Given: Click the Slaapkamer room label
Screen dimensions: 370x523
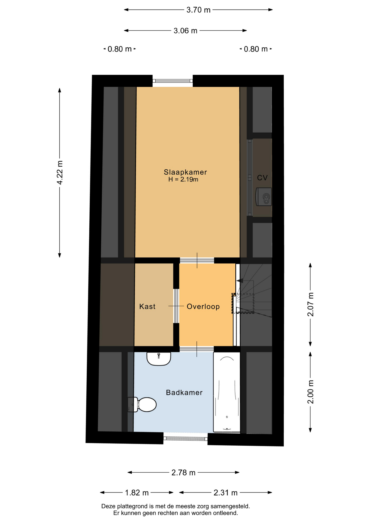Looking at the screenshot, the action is tap(185, 172).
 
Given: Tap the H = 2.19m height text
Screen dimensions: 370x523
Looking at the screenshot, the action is tap(183, 179).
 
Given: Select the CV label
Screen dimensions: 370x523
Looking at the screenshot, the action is tap(262, 178).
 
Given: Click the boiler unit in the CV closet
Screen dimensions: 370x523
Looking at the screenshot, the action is tap(263, 197).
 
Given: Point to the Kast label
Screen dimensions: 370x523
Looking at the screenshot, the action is tap(147, 306).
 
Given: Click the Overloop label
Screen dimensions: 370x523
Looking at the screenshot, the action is tap(203, 306).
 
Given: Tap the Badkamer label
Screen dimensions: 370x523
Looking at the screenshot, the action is tap(184, 393).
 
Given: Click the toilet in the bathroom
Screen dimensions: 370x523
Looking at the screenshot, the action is tap(142, 405).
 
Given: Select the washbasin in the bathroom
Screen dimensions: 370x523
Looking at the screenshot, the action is tap(159, 358).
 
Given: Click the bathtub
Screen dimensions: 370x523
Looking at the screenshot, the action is tap(227, 392).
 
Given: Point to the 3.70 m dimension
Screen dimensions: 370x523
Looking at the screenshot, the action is tap(198, 10).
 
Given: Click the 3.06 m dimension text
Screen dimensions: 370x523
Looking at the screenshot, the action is tap(185, 31).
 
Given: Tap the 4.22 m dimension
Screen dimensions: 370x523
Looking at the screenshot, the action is tap(60, 173).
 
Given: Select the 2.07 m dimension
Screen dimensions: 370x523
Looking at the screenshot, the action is tap(310, 305).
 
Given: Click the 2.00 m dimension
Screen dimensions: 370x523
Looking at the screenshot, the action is tap(310, 392).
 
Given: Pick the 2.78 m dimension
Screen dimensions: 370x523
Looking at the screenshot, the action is tap(183, 473).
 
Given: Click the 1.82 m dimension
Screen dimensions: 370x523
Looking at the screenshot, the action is tap(137, 493).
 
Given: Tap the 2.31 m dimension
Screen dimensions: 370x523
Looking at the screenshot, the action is tap(225, 493).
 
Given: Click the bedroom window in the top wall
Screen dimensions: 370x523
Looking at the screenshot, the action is tap(172, 81).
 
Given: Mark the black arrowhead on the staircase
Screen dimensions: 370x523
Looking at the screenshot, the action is tap(240, 281).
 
